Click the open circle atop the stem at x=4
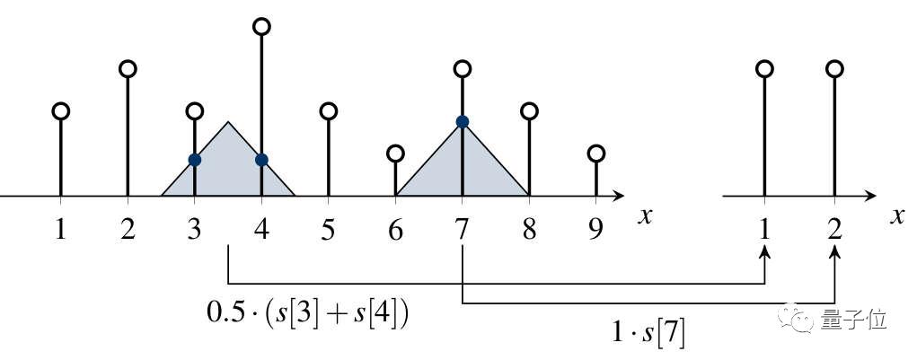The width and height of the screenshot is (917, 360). point(261,27)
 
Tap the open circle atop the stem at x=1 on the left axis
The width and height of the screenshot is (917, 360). point(60,111)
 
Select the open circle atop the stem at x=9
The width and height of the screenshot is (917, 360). point(595,154)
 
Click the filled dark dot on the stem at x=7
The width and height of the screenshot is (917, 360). point(462,122)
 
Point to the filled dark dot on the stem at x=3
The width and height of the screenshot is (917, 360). point(194,160)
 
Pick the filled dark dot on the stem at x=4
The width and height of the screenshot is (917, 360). point(261,160)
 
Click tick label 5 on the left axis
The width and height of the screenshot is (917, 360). point(328,231)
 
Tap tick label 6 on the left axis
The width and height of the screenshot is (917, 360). point(395,231)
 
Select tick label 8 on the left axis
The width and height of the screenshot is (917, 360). point(528,231)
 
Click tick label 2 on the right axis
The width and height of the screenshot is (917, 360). point(835,231)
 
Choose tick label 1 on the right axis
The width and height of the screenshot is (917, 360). point(764,231)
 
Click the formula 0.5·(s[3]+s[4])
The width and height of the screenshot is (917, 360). point(307,313)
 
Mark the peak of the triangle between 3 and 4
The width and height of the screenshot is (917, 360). point(228,122)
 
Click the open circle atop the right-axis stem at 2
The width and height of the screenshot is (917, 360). point(835,69)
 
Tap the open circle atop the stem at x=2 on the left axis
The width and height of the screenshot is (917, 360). point(128,69)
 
